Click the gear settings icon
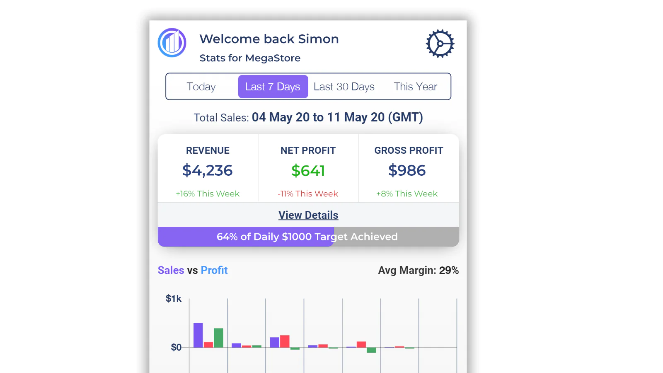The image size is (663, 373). [x=440, y=44]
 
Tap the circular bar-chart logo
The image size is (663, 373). [x=172, y=43]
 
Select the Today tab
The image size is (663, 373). [x=201, y=87]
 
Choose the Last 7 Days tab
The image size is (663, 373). [x=273, y=87]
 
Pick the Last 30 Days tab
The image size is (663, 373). [x=344, y=87]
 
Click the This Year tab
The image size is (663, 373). [x=415, y=87]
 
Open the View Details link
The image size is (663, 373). [x=308, y=215]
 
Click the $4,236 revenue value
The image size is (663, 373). [x=208, y=170]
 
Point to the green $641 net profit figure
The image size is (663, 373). [x=308, y=171]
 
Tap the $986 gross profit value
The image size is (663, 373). [x=407, y=170]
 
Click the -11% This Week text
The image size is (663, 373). [x=308, y=194]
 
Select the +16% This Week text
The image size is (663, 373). [x=208, y=194]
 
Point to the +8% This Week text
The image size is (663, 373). [x=407, y=194]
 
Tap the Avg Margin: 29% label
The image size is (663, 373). [x=418, y=270]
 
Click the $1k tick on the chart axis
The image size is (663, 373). [x=174, y=298]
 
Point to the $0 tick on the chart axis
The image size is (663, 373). [x=176, y=347]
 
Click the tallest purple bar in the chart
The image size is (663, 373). [x=198, y=335]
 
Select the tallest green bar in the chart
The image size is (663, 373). [x=218, y=338]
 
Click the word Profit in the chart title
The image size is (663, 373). [x=214, y=270]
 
